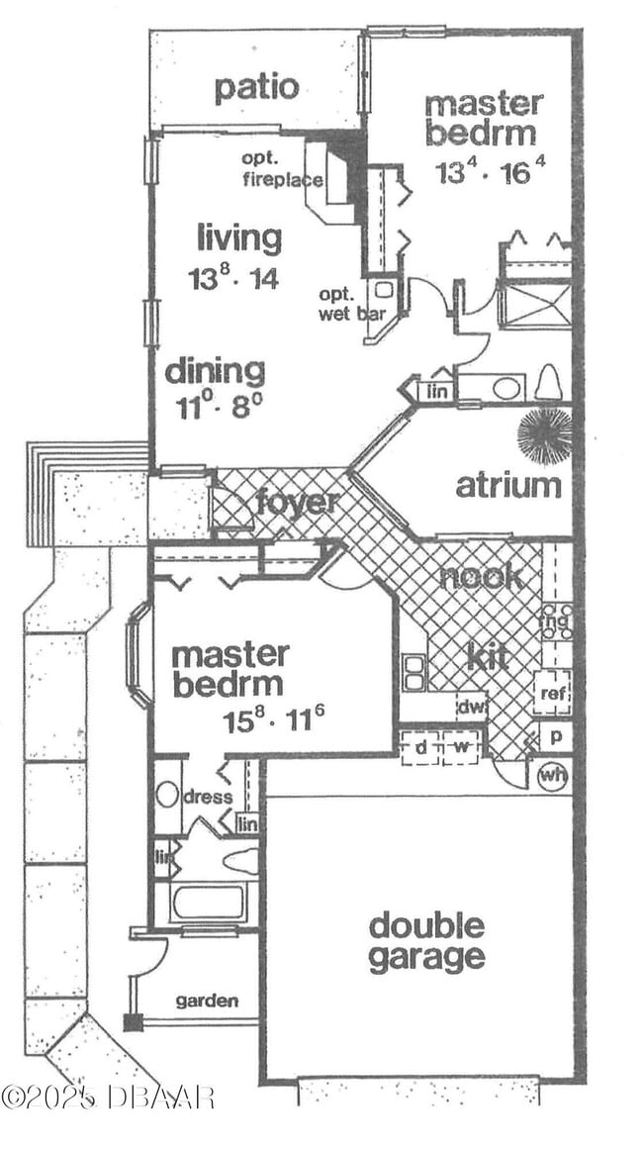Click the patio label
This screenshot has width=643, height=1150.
[256, 87]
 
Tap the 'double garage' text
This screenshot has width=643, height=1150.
[426, 942]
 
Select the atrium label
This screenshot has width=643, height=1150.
[508, 486]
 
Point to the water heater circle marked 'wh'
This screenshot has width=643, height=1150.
[552, 776]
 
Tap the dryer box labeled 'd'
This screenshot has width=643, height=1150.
[421, 748]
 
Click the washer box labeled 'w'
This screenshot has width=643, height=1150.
[460, 748]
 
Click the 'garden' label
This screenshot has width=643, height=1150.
[207, 1001]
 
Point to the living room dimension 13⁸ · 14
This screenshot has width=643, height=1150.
[233, 277]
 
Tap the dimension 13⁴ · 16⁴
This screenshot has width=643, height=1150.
[491, 170]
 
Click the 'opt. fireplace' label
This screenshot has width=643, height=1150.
[282, 169]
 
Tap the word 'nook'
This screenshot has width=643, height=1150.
[483, 577]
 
